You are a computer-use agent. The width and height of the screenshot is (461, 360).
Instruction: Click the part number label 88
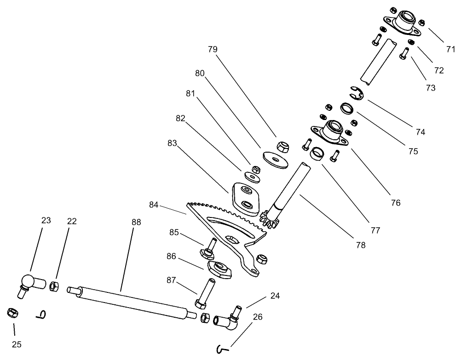tap(136, 222)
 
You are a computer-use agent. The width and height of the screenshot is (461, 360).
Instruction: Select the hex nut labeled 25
tap(12, 313)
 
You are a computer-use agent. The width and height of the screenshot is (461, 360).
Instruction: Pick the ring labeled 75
tap(347, 109)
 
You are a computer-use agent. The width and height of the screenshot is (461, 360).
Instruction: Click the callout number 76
tap(395, 202)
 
